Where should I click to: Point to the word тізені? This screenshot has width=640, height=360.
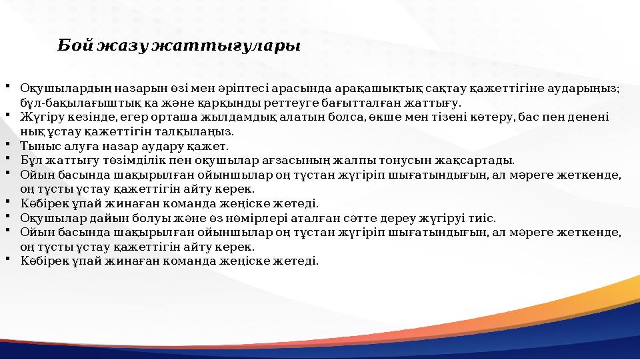pyautogui.click(x=472, y=117)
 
